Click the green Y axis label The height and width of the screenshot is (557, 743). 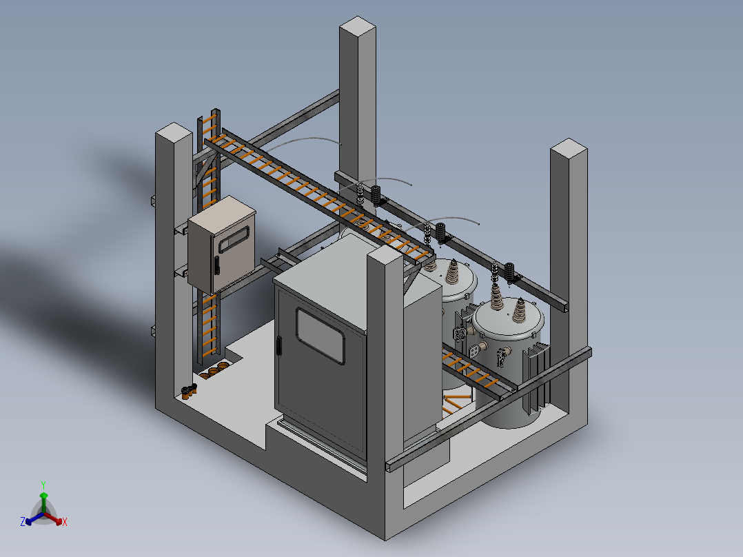tap(43, 485)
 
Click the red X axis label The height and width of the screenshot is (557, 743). tap(65, 522)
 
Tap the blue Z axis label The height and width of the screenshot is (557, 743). tap(23, 522)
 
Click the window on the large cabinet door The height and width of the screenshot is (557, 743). tap(320, 336)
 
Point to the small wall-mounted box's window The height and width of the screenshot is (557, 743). tap(234, 239)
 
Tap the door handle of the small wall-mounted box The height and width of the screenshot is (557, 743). tap(217, 265)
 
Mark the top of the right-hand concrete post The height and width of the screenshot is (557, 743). tap(569, 148)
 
